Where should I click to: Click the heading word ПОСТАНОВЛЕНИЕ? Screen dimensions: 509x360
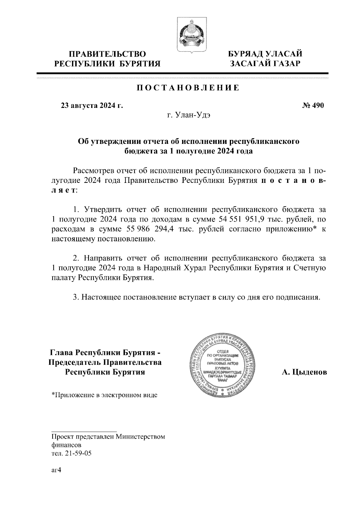[188, 88]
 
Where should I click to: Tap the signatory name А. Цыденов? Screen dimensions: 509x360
[304, 372]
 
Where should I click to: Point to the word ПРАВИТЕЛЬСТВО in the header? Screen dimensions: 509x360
[107, 54]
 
